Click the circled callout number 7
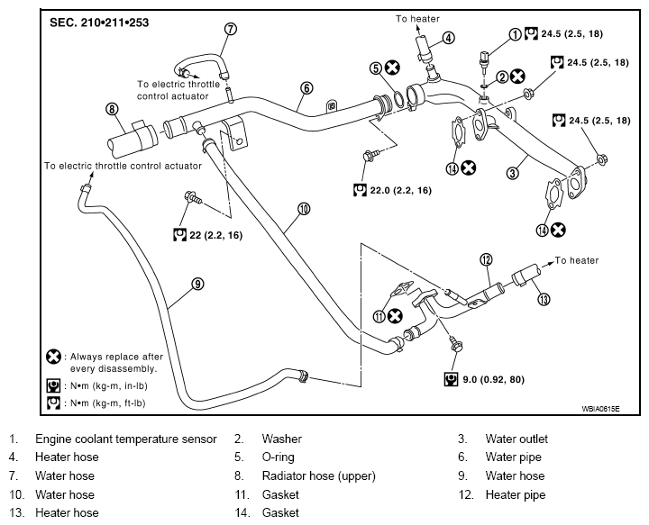[231, 29]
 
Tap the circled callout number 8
[112, 109]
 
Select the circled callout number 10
[304, 209]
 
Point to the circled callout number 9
[197, 284]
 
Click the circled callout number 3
[513, 172]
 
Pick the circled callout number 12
[486, 259]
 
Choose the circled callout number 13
[544, 299]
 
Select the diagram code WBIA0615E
[600, 409]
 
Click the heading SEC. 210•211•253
[99, 23]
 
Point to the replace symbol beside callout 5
[392, 68]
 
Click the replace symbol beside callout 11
[395, 316]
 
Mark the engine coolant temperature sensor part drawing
[484, 59]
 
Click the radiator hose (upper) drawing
[133, 140]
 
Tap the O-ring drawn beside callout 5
[398, 100]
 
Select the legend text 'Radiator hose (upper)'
[319, 475]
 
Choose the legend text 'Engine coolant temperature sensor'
[126, 439]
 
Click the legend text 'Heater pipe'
[516, 494]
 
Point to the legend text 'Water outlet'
[516, 439]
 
